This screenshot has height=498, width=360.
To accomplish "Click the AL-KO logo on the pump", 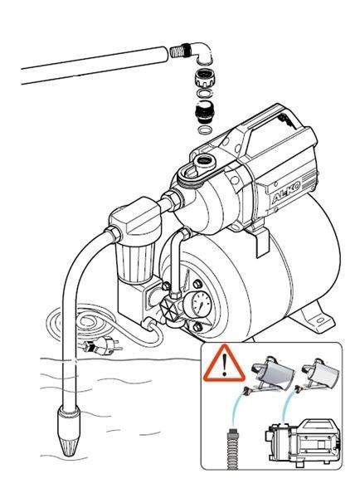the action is [286, 193].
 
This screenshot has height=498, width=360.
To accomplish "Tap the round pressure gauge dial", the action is [202, 305].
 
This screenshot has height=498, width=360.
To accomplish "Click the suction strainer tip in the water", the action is [69, 432].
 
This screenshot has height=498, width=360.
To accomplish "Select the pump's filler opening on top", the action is [204, 161].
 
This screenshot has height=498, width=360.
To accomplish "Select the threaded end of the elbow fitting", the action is [179, 51].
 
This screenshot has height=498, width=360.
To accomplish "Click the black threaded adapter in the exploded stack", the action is [202, 113].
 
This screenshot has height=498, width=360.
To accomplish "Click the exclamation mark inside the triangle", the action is [224, 365].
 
